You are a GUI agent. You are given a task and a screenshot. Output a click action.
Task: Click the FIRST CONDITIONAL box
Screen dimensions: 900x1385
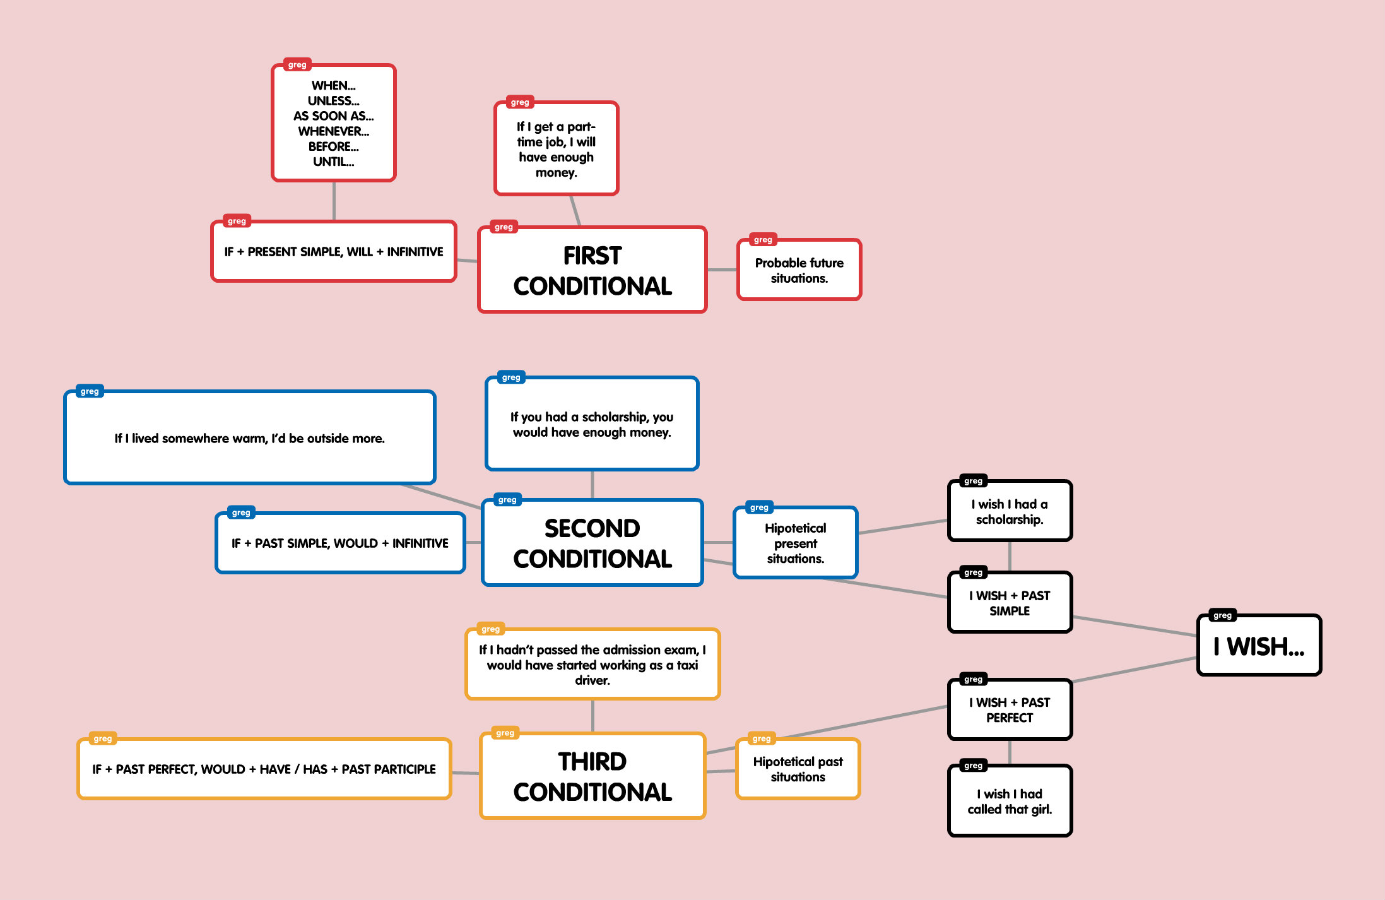tap(592, 270)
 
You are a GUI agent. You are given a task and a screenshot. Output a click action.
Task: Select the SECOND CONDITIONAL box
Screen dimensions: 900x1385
tap(592, 543)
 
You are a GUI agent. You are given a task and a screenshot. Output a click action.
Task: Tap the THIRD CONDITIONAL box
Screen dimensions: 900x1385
tap(592, 776)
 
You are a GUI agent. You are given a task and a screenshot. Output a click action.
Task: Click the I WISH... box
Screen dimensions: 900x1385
tap(1259, 646)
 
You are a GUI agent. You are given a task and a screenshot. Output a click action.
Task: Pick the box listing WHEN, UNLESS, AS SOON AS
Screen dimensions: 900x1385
tap(333, 123)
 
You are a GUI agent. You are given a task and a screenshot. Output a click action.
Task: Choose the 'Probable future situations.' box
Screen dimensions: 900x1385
tap(799, 270)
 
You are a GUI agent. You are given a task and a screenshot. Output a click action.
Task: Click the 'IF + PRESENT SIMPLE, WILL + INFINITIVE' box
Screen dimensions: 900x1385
tap(333, 252)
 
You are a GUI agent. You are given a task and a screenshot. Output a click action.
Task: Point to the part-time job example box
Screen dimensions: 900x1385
tap(556, 149)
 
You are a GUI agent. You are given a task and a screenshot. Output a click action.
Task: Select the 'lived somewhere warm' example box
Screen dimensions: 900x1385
tap(249, 438)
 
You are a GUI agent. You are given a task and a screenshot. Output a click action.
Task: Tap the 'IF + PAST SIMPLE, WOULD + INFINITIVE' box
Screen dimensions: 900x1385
tap(339, 543)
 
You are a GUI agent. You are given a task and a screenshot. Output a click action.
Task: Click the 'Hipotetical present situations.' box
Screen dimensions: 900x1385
tap(795, 543)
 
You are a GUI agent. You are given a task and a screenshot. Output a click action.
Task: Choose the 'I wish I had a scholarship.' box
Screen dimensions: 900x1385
tap(1010, 512)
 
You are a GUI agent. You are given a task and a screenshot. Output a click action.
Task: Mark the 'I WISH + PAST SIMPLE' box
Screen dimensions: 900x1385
tap(1010, 603)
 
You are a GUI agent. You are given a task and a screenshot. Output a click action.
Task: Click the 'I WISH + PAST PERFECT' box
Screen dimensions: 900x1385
tap(1010, 710)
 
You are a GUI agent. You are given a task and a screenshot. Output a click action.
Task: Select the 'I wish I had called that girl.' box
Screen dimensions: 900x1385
tap(1010, 802)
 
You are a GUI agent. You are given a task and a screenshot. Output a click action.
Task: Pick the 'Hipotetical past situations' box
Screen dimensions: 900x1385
tap(798, 769)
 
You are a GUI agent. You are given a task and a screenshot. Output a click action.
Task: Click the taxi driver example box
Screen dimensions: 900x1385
tap(592, 665)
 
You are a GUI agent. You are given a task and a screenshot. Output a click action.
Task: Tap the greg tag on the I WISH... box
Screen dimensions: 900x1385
tap(1222, 615)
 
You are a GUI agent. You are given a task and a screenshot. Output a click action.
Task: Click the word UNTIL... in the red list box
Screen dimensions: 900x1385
tap(333, 162)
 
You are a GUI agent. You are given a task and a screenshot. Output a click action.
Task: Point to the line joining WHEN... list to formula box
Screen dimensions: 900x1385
tap(334, 201)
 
